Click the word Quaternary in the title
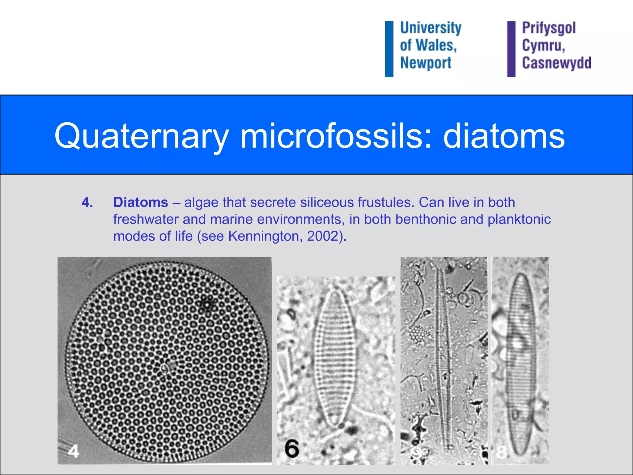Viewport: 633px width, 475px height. (x=141, y=136)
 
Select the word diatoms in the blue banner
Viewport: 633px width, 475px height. (x=504, y=136)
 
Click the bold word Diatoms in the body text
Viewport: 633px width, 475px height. (x=141, y=203)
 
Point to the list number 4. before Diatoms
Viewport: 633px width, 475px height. (x=87, y=203)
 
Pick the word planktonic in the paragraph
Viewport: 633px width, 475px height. (x=519, y=220)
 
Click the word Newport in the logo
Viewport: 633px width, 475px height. (x=426, y=63)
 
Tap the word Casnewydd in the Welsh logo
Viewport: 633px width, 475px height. (x=556, y=63)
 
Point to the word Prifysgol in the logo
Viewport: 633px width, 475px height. (x=549, y=28)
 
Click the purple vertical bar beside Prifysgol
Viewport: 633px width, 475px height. (x=511, y=49)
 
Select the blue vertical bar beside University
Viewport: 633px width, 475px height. (x=389, y=49)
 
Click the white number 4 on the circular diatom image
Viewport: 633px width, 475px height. (x=74, y=451)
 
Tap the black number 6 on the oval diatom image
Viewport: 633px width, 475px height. (x=292, y=449)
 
